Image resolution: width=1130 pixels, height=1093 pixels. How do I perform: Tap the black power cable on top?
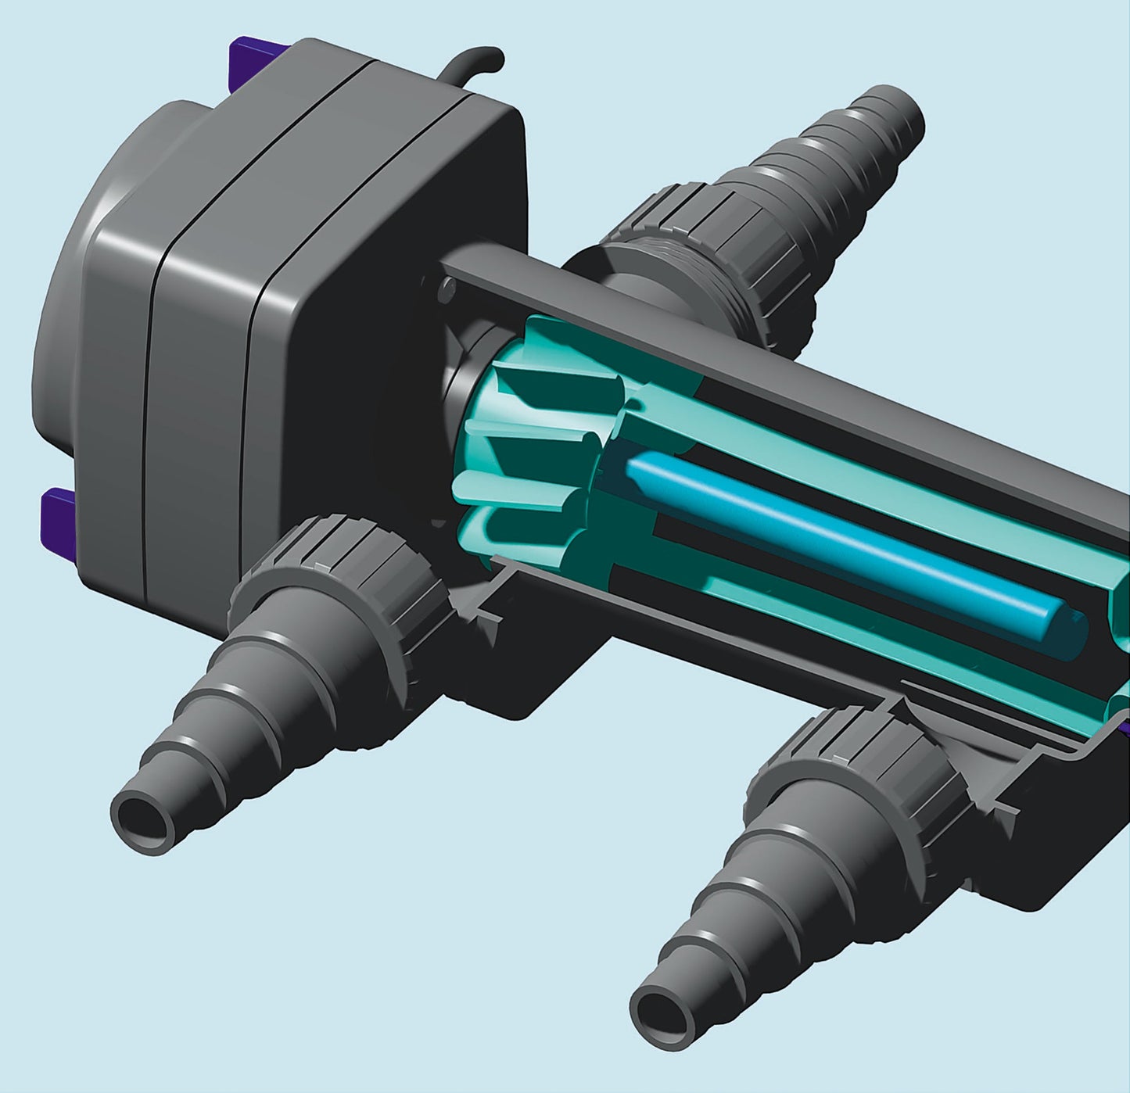click(473, 61)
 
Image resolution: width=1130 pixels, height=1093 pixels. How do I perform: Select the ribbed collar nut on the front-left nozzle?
click(344, 563)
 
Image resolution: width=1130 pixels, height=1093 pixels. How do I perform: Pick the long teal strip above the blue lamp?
click(860, 461)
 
